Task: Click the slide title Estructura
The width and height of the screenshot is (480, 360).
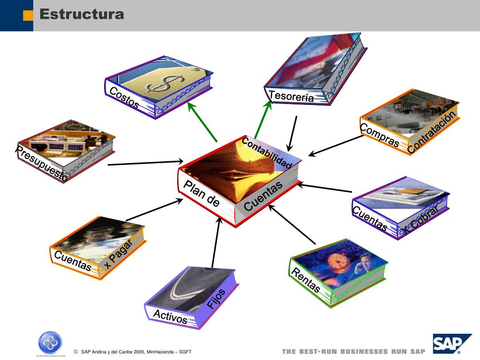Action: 82,14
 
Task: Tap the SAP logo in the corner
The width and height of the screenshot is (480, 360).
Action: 451,345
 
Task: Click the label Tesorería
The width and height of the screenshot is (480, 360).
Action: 291,97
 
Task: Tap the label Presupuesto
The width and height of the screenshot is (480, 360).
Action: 41,164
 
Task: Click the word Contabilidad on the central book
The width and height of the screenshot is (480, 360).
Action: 267,153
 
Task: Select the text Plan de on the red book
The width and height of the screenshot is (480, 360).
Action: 202,193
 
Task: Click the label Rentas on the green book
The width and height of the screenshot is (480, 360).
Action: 306,280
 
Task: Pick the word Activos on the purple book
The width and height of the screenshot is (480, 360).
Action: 170,317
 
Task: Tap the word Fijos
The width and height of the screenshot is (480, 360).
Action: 217,298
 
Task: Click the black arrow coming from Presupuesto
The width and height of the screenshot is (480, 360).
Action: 145,163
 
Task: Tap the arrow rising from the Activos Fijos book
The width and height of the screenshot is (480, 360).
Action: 216,244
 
